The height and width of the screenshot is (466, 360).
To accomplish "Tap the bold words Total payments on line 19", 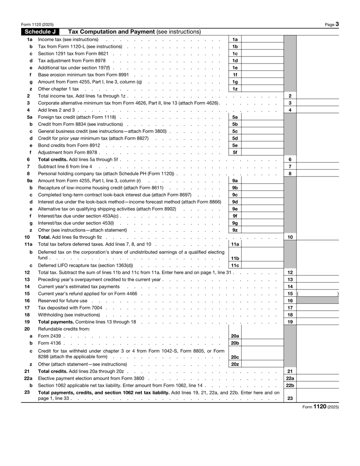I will point(56,322).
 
